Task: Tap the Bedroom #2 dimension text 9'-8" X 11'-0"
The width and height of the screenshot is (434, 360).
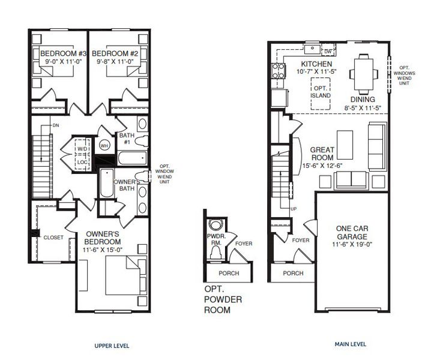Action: pyautogui.click(x=115, y=61)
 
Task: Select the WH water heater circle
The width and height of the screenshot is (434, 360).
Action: pyautogui.click(x=104, y=145)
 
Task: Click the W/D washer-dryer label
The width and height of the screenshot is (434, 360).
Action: pyautogui.click(x=82, y=149)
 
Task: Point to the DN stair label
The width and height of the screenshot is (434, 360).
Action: pyautogui.click(x=56, y=125)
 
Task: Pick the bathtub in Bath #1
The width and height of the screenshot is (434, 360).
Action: pyautogui.click(x=132, y=158)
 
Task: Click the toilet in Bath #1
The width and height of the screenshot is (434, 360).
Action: pyautogui.click(x=142, y=141)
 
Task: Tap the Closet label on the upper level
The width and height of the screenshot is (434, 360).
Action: pyautogui.click(x=53, y=238)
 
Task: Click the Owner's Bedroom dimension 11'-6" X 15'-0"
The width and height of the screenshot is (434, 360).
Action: pyautogui.click(x=103, y=250)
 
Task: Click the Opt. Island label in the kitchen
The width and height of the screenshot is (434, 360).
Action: pyautogui.click(x=321, y=92)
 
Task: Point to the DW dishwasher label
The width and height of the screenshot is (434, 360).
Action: pyautogui.click(x=328, y=52)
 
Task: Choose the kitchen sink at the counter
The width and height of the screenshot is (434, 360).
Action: pyautogui.click(x=312, y=50)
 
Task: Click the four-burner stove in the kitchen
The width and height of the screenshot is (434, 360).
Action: pyautogui.click(x=279, y=71)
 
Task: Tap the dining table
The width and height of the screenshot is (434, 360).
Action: pyautogui.click(x=363, y=74)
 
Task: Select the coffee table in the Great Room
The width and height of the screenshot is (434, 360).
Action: pyautogui.click(x=345, y=145)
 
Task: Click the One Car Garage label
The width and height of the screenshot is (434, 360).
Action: pyautogui.click(x=352, y=232)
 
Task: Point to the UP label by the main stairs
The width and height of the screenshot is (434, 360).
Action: pyautogui.click(x=294, y=209)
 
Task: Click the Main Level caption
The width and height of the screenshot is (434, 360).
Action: pyautogui.click(x=351, y=344)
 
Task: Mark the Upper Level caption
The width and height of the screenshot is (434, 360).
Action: pyautogui.click(x=112, y=346)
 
